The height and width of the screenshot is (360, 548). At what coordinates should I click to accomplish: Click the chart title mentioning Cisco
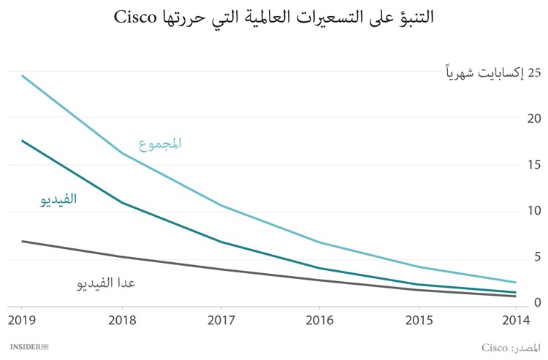point(273,18)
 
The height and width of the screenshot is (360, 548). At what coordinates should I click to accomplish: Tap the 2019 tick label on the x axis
point(21,319)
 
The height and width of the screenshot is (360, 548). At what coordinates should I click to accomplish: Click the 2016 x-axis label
point(319,319)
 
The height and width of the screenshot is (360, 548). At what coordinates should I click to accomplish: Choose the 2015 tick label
point(417,319)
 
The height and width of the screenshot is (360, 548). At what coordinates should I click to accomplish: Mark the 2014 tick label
point(516,319)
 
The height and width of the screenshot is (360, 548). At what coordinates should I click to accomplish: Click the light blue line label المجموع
point(160,143)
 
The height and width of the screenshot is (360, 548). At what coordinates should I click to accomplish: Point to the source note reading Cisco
point(511,345)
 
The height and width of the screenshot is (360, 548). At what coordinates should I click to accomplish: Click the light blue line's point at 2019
point(22,75)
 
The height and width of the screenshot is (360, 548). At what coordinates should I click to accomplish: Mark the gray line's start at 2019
point(22,241)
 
